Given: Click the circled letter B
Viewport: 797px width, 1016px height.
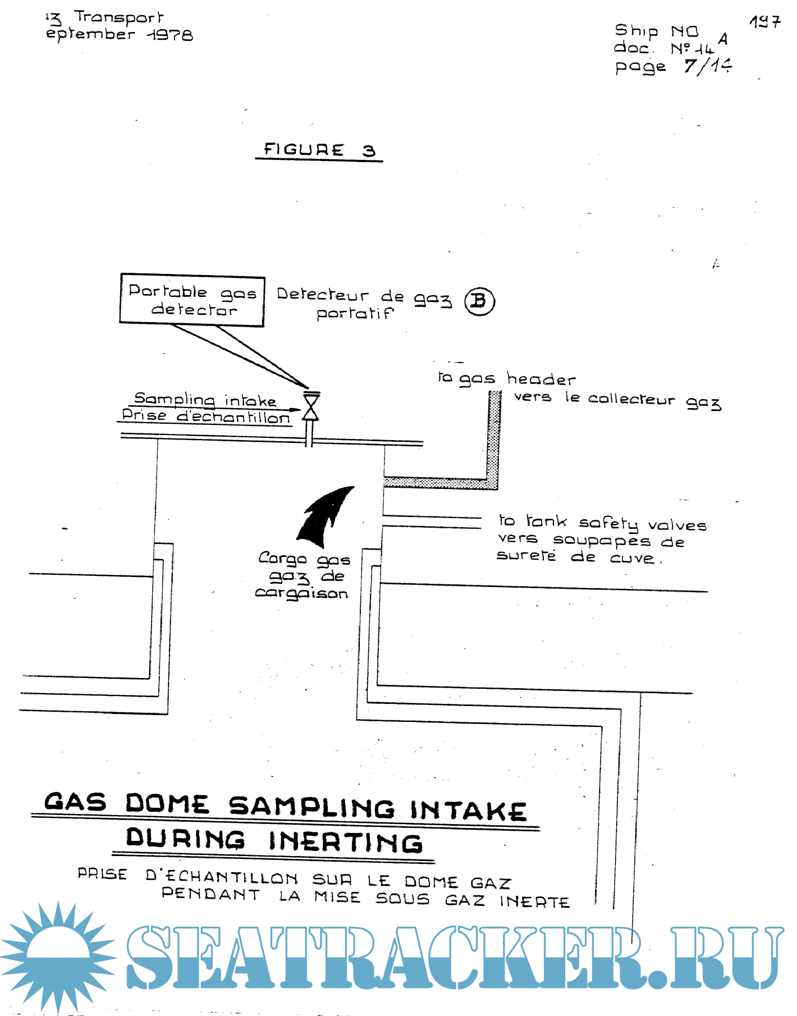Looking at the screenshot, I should click(479, 301).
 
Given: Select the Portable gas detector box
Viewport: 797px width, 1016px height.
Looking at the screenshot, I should click(192, 300).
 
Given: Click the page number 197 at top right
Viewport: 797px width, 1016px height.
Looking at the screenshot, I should click(764, 22).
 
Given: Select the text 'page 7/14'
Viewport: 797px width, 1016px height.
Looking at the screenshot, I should click(673, 67).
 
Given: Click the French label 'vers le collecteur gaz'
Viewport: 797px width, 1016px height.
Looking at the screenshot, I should click(617, 400).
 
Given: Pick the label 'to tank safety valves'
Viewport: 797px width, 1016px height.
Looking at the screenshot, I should click(602, 523).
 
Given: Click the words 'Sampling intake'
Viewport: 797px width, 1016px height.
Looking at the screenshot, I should click(205, 399).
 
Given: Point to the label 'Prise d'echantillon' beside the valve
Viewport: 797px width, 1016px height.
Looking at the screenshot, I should click(205, 417).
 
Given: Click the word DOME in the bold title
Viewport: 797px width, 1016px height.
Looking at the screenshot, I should click(167, 804).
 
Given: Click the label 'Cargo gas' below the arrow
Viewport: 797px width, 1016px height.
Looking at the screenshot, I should click(304, 559).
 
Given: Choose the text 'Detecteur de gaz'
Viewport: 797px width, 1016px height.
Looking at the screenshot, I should click(364, 296).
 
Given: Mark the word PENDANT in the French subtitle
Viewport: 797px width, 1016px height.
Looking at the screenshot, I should click(211, 894).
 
